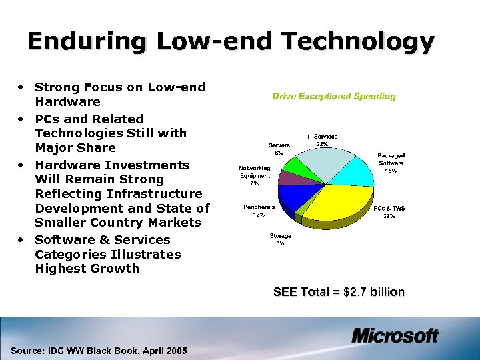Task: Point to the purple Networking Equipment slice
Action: tap(287, 178)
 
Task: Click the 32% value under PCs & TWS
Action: tap(389, 216)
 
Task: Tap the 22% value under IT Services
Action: tap(322, 144)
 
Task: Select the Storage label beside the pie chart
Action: tap(280, 236)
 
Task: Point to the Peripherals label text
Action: tap(259, 207)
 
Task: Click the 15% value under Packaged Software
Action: tap(391, 171)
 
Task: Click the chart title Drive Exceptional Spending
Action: tap(333, 97)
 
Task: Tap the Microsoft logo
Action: tap(395, 335)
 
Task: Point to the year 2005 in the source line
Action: tap(175, 351)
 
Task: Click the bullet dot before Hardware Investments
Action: tap(23, 165)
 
